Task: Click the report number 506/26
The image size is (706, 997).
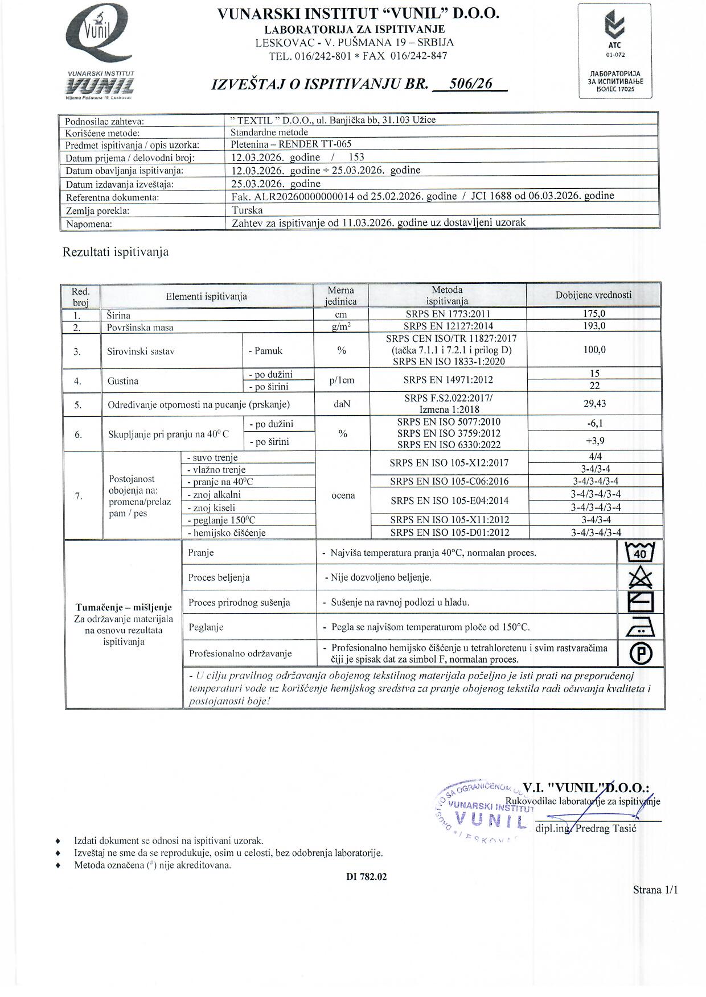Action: pyautogui.click(x=470, y=84)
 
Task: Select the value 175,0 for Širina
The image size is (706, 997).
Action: pyautogui.click(x=594, y=314)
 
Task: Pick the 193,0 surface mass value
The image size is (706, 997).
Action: pyautogui.click(x=594, y=326)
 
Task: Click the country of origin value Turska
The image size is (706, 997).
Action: pyautogui.click(x=247, y=210)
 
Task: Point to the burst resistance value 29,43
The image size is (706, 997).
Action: pyautogui.click(x=594, y=404)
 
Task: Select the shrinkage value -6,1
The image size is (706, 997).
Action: pyautogui.click(x=594, y=424)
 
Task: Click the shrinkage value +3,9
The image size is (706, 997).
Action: pyautogui.click(x=594, y=441)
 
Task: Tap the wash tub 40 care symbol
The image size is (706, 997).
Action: pyautogui.click(x=640, y=552)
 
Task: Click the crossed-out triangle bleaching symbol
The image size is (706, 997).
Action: pyautogui.click(x=640, y=577)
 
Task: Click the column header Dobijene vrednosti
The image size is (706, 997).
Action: pyautogui.click(x=593, y=295)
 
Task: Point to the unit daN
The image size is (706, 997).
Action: pyautogui.click(x=342, y=404)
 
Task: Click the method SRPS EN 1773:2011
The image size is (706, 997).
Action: pyautogui.click(x=447, y=314)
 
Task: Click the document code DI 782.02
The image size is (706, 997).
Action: pyautogui.click(x=366, y=877)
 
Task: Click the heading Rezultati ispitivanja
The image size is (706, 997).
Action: pyautogui.click(x=115, y=252)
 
